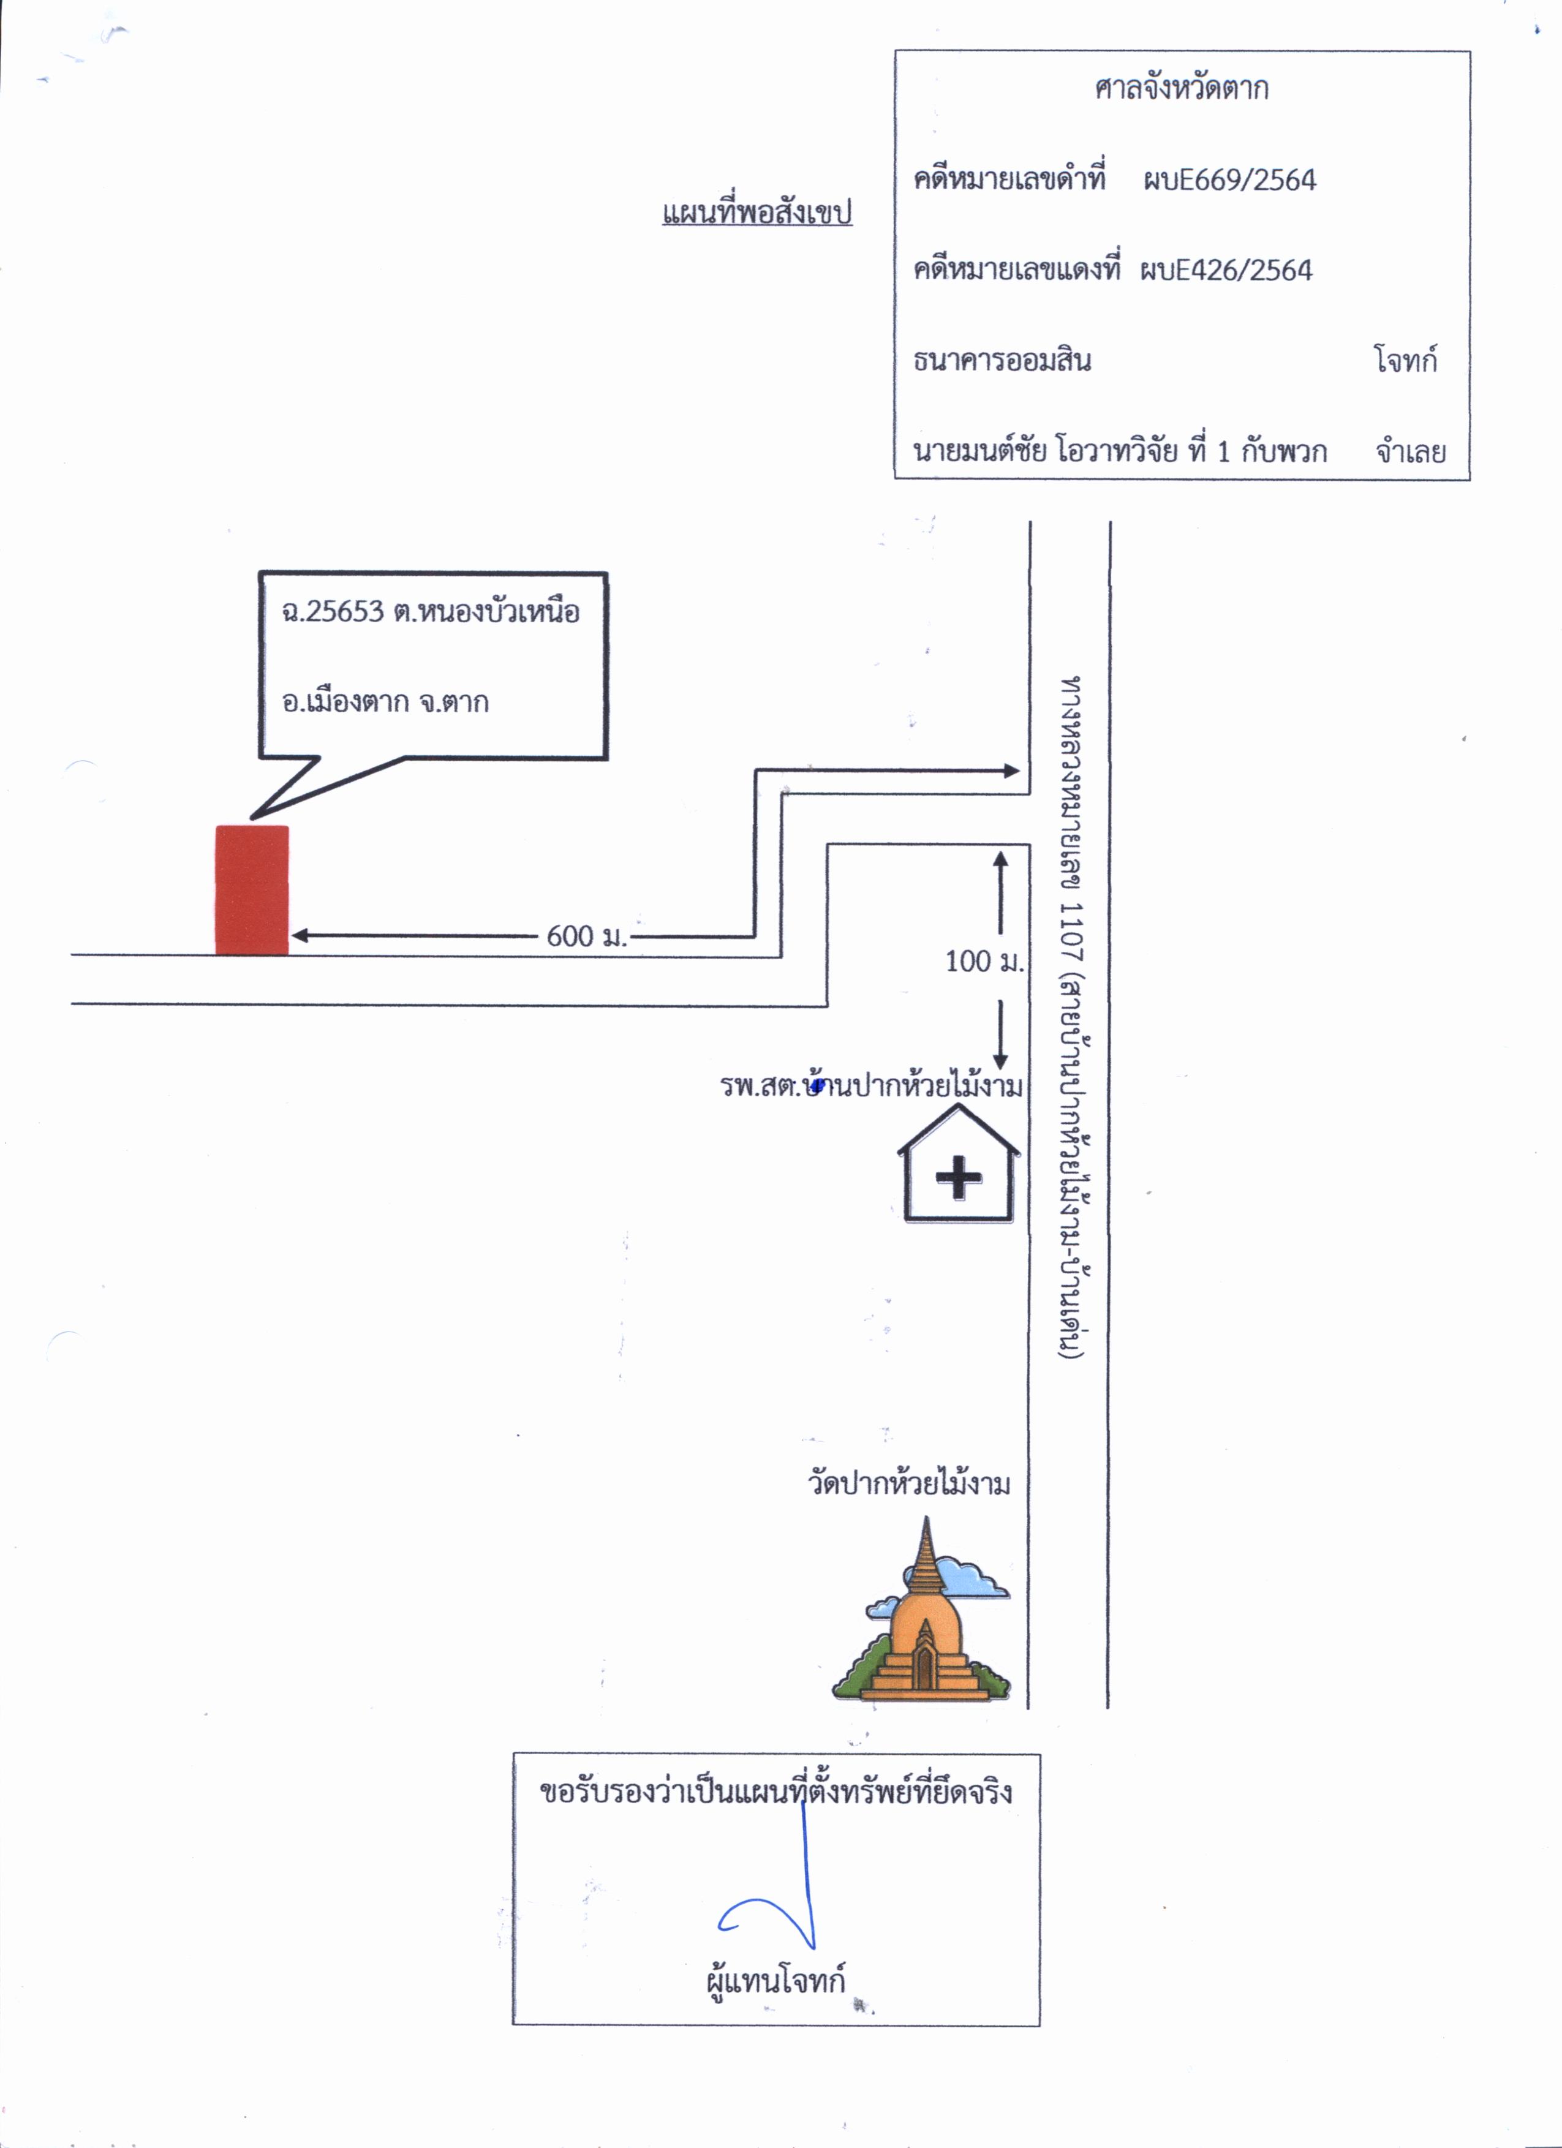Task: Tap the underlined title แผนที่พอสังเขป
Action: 757,212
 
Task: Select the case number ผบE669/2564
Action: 1229,180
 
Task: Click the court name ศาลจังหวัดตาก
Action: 1181,89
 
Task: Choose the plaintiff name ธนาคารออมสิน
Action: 1002,360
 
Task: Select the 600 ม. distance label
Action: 586,936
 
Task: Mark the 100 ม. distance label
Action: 984,961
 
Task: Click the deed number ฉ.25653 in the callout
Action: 333,612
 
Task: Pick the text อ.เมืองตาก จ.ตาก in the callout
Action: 385,702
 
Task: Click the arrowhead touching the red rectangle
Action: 300,936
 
